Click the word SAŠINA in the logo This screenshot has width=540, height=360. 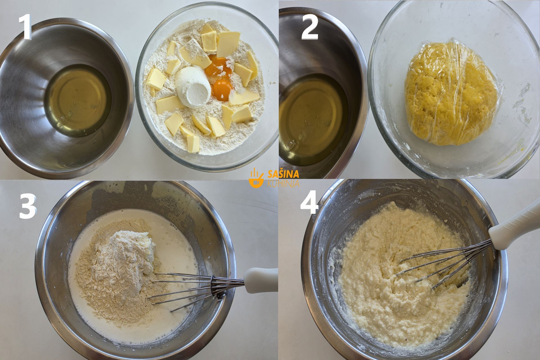pos(283,174)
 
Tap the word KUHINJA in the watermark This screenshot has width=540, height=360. pos(283,184)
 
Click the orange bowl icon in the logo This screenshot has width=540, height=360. pos(256,178)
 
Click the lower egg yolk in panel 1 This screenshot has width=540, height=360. pos(222,90)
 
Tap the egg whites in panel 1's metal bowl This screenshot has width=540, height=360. pos(77,100)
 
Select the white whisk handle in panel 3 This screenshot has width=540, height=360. pos(260,280)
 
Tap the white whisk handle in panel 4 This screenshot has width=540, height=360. pos(515,226)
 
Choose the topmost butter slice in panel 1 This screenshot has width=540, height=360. pos(207,29)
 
